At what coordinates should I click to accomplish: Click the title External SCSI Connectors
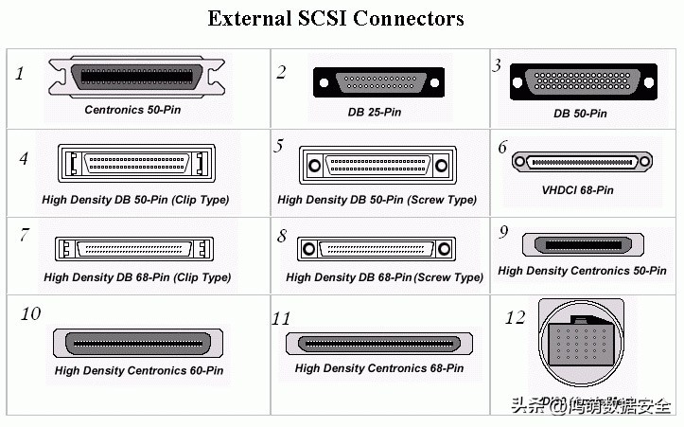click(336, 18)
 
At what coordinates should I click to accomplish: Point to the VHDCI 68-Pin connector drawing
click(581, 162)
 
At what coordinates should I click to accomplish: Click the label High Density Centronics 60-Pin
click(138, 370)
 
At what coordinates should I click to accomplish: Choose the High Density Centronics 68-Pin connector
click(378, 343)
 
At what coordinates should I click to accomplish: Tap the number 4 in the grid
click(25, 158)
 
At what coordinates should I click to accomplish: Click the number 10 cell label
click(30, 313)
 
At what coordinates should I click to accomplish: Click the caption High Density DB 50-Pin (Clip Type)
click(135, 200)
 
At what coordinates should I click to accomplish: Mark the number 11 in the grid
click(281, 319)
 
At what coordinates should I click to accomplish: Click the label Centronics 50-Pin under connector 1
click(132, 110)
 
